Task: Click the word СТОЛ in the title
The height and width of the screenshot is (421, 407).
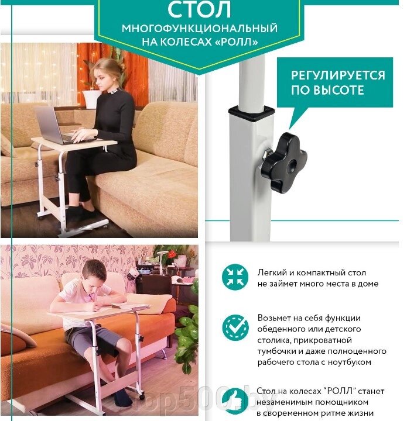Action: click(x=199, y=9)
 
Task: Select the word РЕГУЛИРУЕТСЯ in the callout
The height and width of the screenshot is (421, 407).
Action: click(x=338, y=75)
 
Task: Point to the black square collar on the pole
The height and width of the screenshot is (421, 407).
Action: click(x=252, y=113)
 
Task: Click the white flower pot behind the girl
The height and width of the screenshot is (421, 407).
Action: click(x=91, y=99)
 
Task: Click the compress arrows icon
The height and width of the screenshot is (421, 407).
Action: click(x=235, y=277)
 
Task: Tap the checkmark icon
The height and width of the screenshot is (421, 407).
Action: click(x=235, y=328)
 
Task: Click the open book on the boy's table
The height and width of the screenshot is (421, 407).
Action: click(x=131, y=306)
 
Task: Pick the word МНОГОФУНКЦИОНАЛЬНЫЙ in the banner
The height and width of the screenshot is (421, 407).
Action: click(x=200, y=29)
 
